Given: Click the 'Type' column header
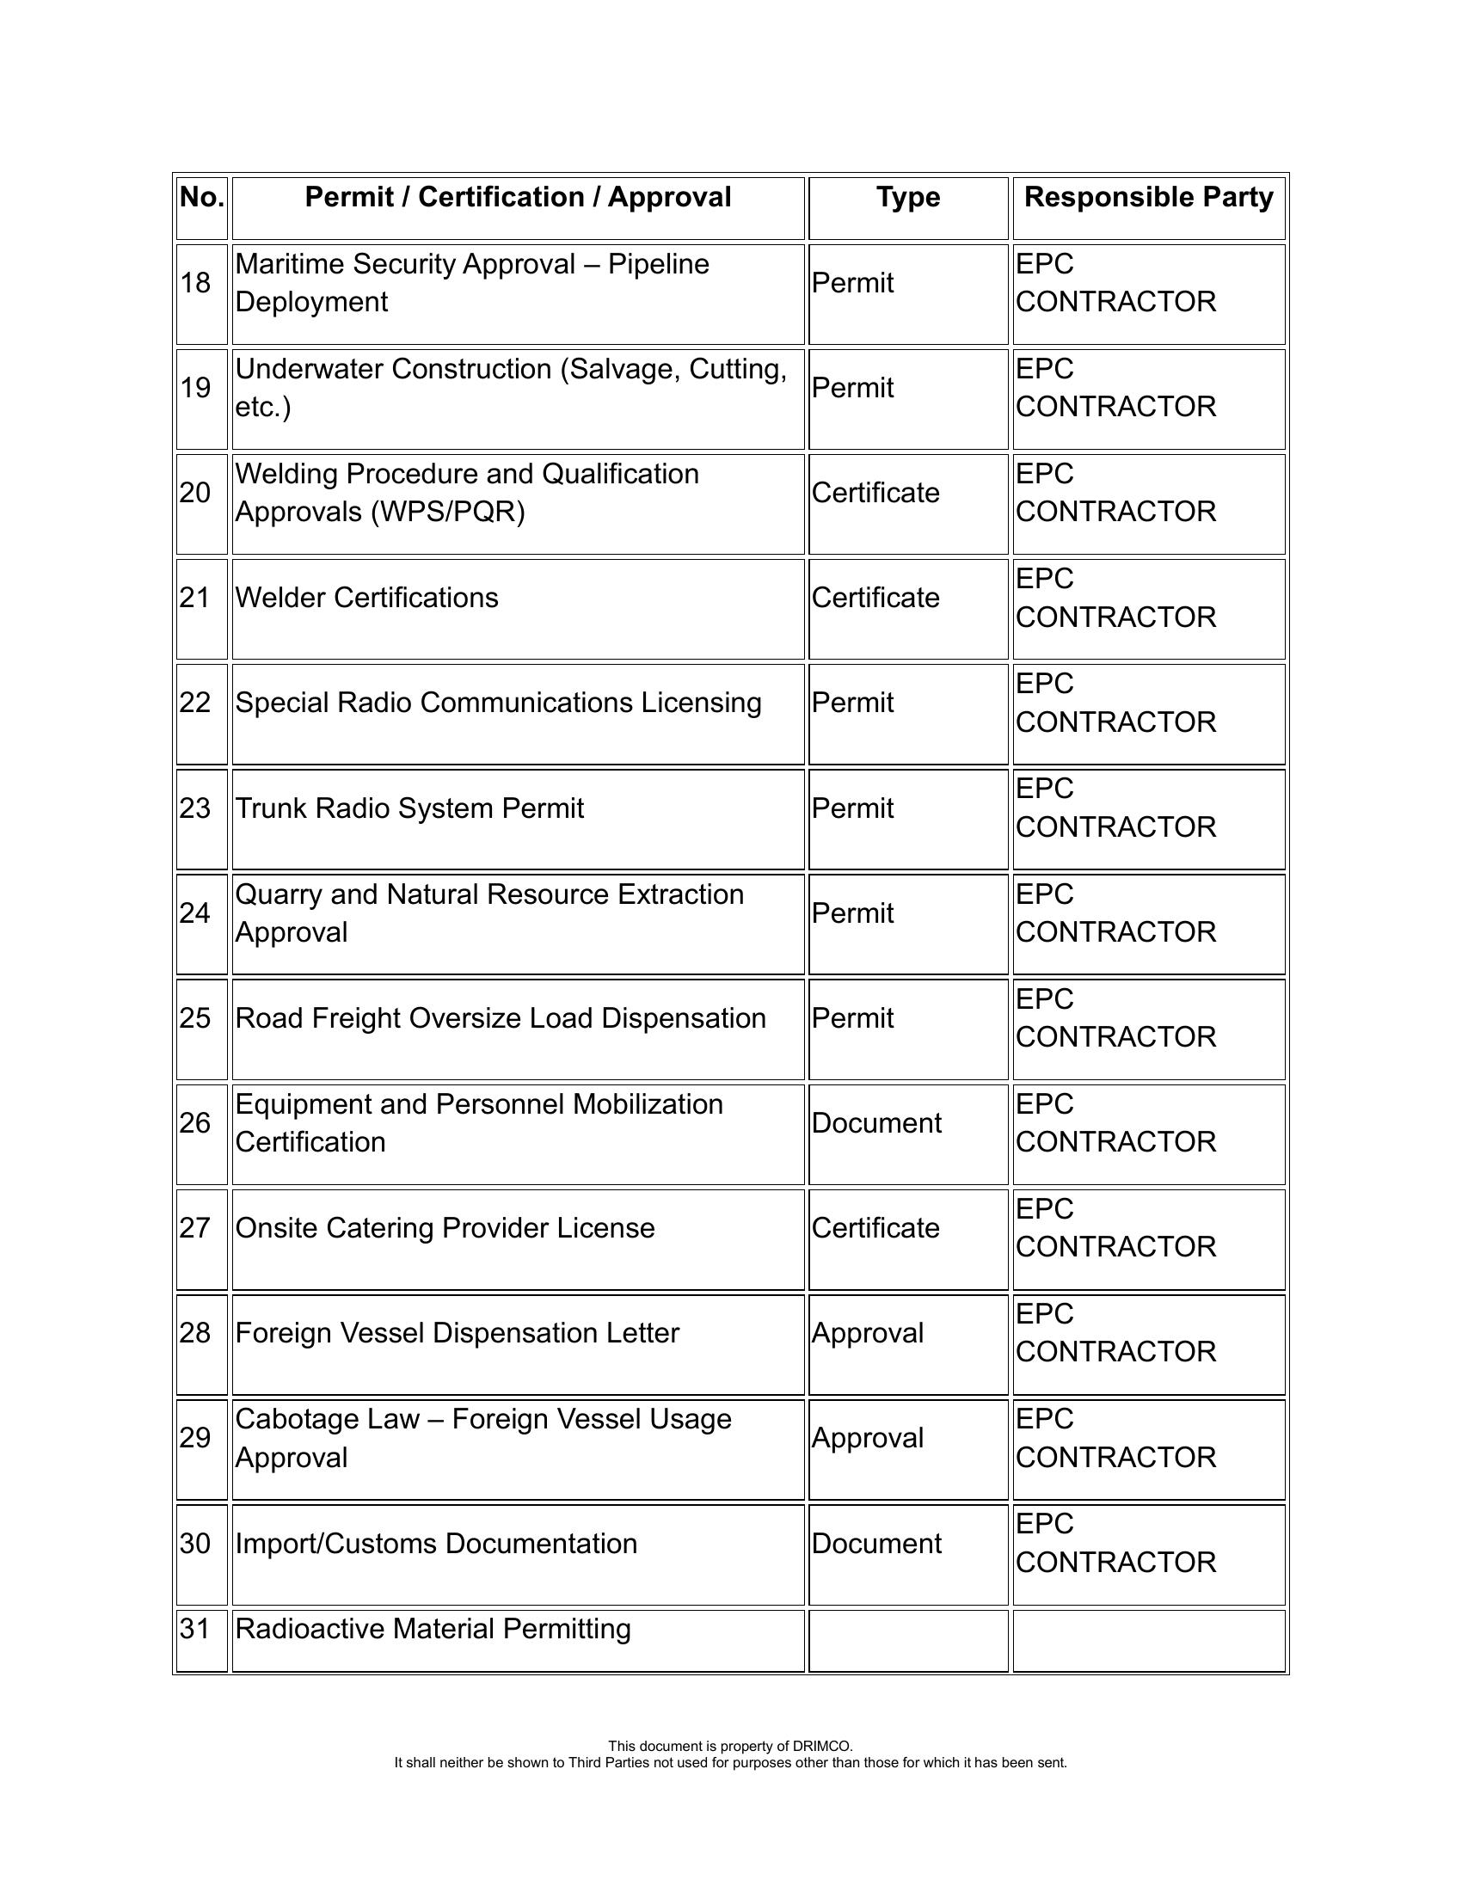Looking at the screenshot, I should [x=907, y=198].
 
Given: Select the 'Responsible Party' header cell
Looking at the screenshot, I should [x=1148, y=198].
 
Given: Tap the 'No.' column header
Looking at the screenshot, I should [x=202, y=198].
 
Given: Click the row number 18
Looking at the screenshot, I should [x=196, y=283].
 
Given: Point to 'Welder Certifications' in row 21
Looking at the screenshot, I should [x=366, y=598].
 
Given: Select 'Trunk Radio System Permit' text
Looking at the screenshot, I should [x=408, y=808].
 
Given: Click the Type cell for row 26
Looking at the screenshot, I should [x=875, y=1124].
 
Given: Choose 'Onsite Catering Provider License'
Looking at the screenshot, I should [x=445, y=1228].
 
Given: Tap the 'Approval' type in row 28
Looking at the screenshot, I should [x=867, y=1333].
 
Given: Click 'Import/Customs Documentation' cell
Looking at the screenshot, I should [x=436, y=1544].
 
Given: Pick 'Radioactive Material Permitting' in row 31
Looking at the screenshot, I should [x=433, y=1629].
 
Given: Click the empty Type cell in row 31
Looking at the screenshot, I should [x=907, y=1641].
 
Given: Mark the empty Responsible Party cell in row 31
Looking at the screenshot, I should [x=1148, y=1641].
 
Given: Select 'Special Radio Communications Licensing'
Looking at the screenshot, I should [x=498, y=703].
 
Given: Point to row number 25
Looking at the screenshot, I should [x=196, y=1018].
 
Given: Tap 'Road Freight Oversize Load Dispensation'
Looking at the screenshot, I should [x=500, y=1018].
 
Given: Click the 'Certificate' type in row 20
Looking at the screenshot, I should [x=875, y=493].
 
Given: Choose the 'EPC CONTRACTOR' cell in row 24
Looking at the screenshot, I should [x=1115, y=913].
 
